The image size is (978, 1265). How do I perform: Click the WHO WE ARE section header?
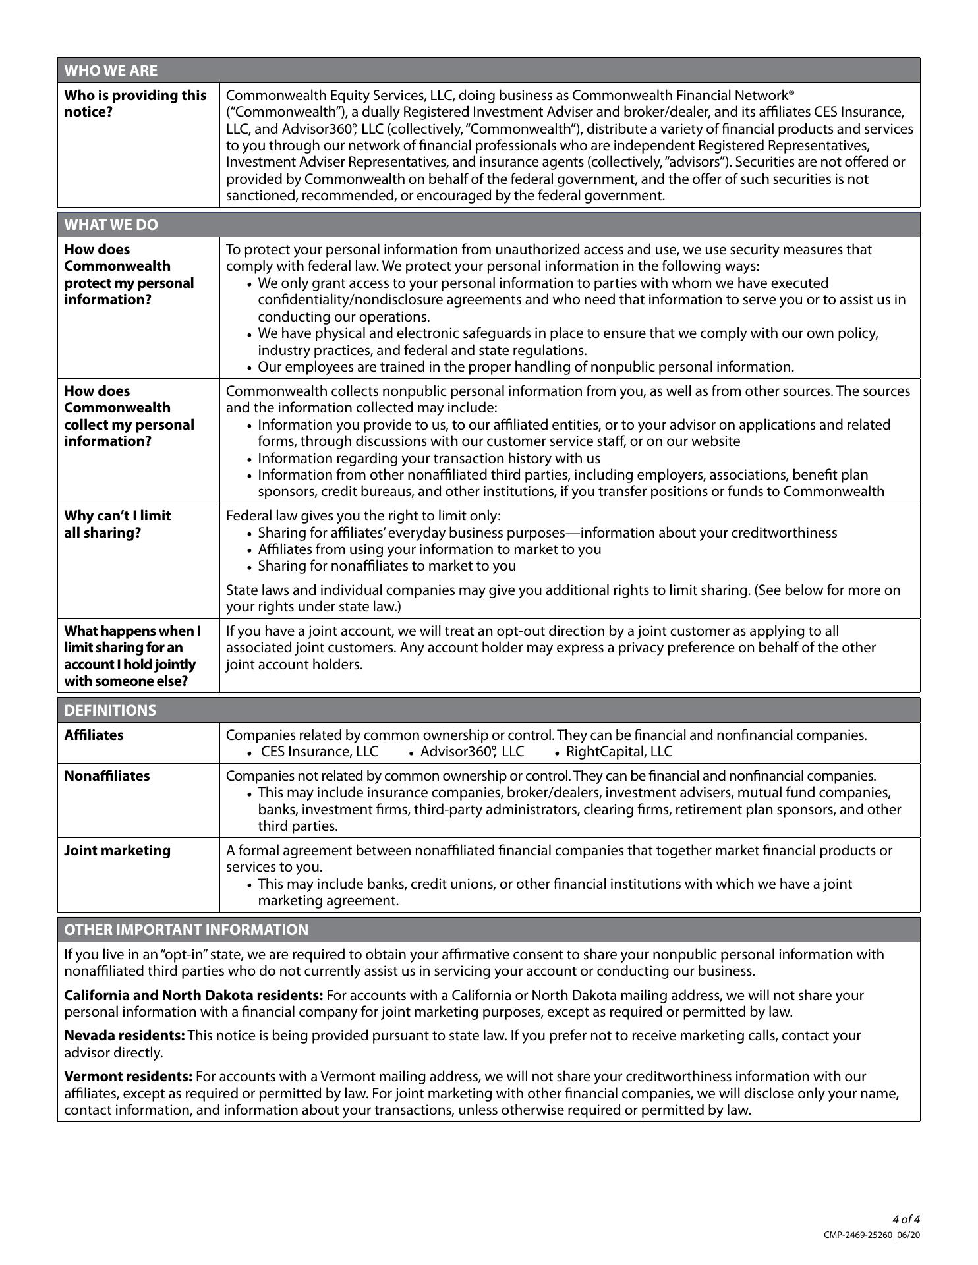pos(111,70)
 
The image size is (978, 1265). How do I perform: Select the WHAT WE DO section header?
pos(111,225)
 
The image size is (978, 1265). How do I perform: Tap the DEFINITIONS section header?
pos(110,710)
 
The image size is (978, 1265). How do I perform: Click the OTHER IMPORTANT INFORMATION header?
pos(186,930)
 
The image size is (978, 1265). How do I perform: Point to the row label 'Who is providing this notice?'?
pos(135,103)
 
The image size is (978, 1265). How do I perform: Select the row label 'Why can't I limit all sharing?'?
pos(117,524)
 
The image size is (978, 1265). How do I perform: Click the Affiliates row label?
pos(94,735)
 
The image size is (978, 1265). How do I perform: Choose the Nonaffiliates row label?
pos(107,776)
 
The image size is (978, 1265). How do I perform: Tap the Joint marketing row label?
pos(117,851)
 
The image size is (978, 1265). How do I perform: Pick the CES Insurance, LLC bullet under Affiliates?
pos(319,752)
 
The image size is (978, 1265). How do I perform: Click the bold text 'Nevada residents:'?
pos(125,1036)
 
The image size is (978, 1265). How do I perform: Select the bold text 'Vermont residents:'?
pos(129,1077)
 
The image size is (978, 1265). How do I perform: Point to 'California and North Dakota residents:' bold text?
pos(193,995)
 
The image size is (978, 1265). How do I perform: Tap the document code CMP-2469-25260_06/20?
pos(871,1235)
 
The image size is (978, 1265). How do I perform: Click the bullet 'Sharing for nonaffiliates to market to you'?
pos(387,566)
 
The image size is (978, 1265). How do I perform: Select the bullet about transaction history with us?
pos(429,459)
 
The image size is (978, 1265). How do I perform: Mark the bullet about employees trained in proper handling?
pos(525,367)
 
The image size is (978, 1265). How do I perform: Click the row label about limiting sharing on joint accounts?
pos(132,656)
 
